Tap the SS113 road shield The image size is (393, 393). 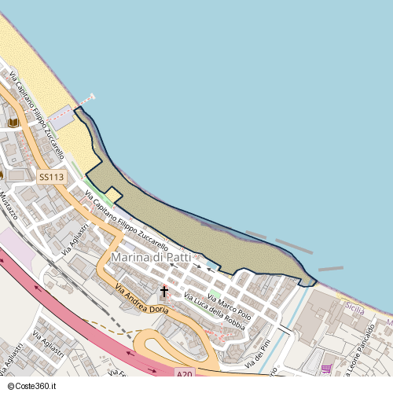pyautogui.click(x=51, y=178)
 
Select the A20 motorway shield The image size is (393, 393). pyautogui.click(x=184, y=374)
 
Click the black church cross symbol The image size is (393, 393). pyautogui.click(x=164, y=292)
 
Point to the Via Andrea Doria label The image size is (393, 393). pyautogui.click(x=141, y=299)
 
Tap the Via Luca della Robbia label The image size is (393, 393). pyautogui.click(x=214, y=310)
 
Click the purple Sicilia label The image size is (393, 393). pyautogui.click(x=354, y=310)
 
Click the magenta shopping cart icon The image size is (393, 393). pyautogui.click(x=325, y=369)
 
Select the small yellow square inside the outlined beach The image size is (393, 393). pyautogui.click(x=112, y=193)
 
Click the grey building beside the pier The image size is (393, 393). pyautogui.click(x=61, y=119)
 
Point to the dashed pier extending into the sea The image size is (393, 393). pyautogui.click(x=86, y=100)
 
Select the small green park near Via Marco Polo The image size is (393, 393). pyautogui.click(x=215, y=293)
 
